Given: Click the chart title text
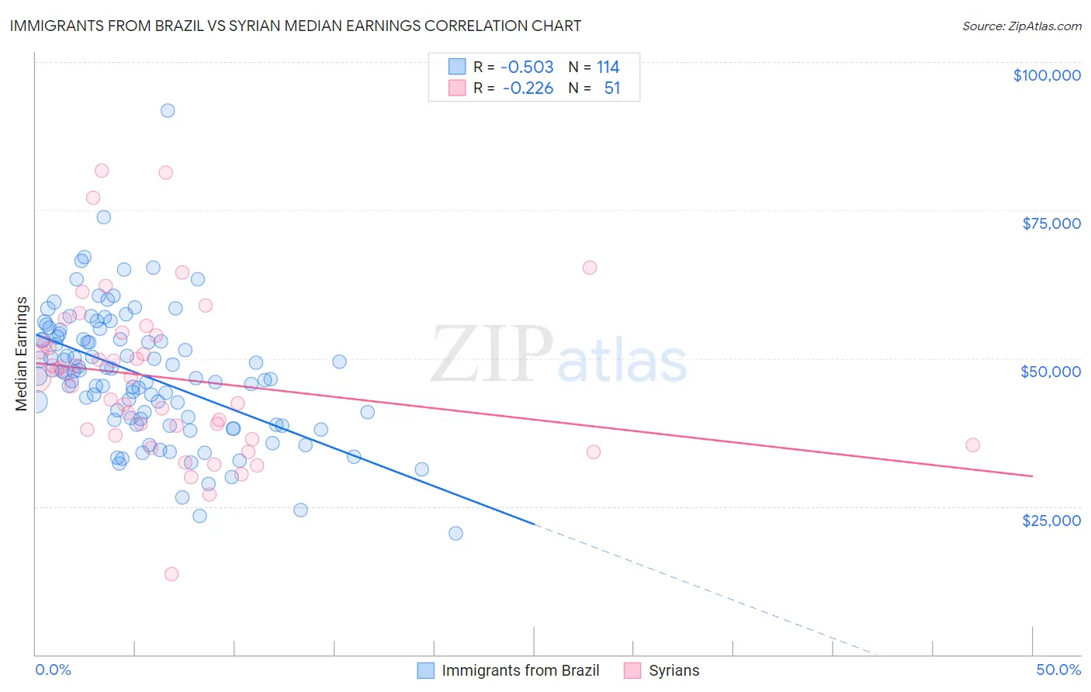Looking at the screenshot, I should point(294,26).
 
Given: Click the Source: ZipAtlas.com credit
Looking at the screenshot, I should point(1021,26).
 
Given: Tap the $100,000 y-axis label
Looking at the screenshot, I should point(1047,75).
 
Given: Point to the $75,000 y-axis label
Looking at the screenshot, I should point(1051,223).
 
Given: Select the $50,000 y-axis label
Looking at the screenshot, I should point(1051,372).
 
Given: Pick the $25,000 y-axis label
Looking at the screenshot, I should point(1051,520).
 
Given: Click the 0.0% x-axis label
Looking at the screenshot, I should point(53,670).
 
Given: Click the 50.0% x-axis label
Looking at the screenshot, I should point(1058,670).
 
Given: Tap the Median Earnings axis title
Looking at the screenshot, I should point(22,354).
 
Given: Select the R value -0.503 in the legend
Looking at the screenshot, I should point(528,67).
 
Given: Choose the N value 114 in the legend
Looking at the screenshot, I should point(608,67).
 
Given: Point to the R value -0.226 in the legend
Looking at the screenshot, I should point(528,88).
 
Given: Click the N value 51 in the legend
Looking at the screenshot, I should point(612,88).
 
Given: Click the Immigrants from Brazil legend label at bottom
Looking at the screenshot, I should point(521,670).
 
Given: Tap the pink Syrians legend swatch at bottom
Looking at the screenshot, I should point(632,670).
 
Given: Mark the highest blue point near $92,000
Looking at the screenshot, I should point(168,110).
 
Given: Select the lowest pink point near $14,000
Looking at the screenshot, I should point(171,574).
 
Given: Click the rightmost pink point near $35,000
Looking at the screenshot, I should point(972,445).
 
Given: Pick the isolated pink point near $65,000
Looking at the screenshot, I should point(590,268).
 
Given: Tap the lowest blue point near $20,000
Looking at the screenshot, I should point(455,533).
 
